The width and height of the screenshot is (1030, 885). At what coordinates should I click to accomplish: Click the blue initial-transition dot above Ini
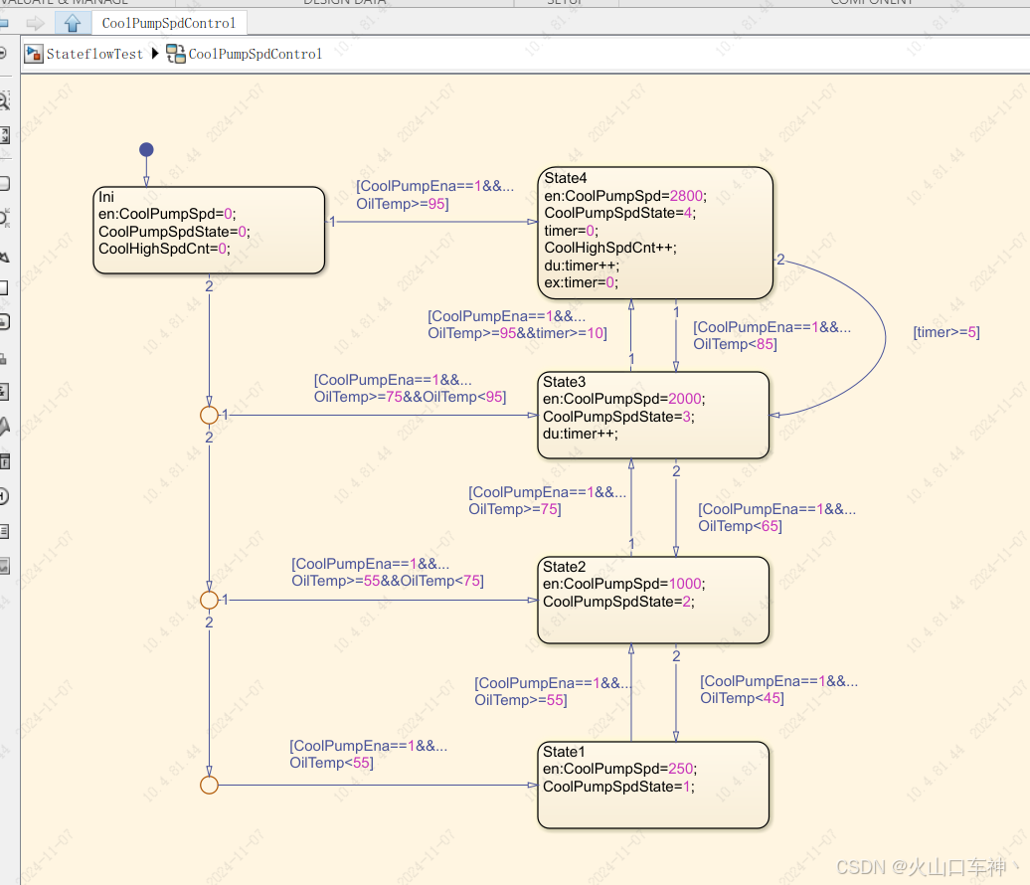click(x=146, y=150)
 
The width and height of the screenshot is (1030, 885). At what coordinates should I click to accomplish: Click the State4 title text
click(x=566, y=178)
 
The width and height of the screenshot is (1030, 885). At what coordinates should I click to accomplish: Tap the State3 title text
click(x=564, y=382)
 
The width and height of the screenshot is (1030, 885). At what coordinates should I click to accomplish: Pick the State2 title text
click(x=564, y=567)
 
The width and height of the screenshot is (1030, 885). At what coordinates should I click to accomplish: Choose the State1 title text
click(x=564, y=752)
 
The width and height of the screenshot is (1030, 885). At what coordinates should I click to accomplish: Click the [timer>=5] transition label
click(x=945, y=332)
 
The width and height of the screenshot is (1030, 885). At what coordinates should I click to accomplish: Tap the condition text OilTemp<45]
click(x=742, y=698)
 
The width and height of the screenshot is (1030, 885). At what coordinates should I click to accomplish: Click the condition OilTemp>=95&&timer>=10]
click(x=517, y=333)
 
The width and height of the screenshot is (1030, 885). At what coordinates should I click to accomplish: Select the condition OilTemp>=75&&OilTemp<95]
click(x=410, y=397)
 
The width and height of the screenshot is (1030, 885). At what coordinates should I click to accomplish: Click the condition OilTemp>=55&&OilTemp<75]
click(x=387, y=581)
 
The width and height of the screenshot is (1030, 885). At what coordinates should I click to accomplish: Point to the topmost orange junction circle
click(x=209, y=415)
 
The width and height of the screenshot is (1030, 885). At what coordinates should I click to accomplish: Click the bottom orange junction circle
click(x=209, y=786)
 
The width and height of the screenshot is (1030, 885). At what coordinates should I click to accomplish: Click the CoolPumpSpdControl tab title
click(x=169, y=23)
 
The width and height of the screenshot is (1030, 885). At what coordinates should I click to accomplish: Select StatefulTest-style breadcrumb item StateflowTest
click(x=94, y=54)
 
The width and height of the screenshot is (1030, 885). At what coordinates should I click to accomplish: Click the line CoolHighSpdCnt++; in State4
click(x=610, y=248)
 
